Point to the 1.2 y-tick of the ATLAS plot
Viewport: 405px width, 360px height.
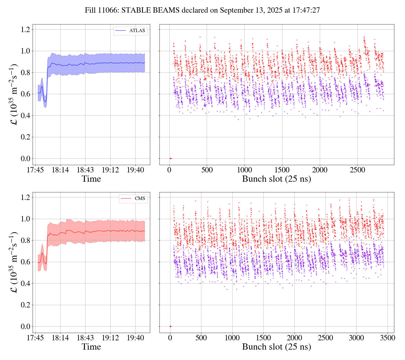point(25,29)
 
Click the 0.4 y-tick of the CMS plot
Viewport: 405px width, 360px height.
point(25,283)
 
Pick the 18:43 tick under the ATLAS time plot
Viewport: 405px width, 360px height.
point(85,170)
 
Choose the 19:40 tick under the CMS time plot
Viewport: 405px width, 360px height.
point(135,338)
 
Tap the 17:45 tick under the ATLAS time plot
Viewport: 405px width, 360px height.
point(35,170)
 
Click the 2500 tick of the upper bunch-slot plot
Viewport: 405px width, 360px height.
point(357,170)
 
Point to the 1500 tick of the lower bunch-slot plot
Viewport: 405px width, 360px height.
point(263,338)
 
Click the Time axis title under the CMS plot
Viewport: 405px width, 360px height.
point(91,347)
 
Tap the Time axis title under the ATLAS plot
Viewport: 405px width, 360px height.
point(91,179)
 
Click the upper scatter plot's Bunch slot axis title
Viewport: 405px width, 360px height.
point(276,179)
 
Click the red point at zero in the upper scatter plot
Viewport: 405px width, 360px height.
point(170,159)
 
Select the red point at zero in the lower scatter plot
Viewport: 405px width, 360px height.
point(170,327)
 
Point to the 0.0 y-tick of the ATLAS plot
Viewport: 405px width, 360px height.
point(25,159)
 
